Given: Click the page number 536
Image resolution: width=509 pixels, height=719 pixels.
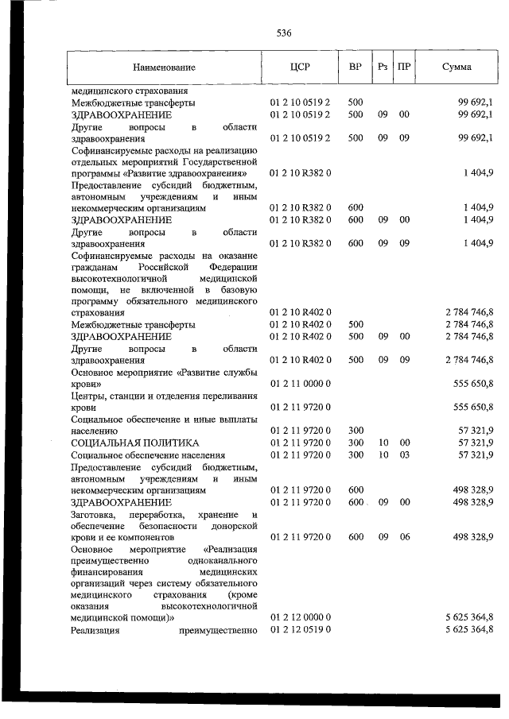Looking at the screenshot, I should click(x=285, y=33).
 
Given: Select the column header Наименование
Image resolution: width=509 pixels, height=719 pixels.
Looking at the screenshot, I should click(x=164, y=68).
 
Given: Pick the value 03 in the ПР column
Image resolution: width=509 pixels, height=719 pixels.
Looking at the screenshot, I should click(x=404, y=454).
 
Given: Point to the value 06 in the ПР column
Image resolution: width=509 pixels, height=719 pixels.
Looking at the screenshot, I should click(x=404, y=538).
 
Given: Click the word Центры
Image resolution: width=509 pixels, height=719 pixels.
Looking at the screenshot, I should click(x=89, y=396).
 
